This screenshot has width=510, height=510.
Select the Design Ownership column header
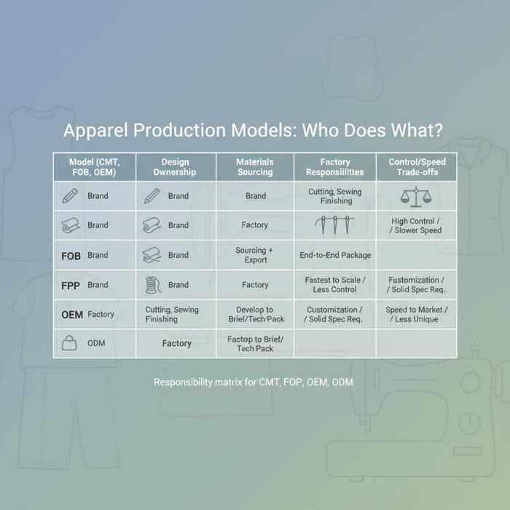175,167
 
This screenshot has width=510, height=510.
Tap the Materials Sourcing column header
255,167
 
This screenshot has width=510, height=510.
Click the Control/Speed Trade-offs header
417,167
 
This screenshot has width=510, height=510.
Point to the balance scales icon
416,196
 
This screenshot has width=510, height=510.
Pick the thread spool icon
152,285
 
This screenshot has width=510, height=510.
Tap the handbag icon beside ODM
69,343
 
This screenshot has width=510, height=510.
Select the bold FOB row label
71,256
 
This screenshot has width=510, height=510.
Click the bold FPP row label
71,286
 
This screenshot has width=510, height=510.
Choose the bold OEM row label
72,315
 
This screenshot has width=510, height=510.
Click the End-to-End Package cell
335,256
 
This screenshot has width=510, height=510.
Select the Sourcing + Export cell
255,255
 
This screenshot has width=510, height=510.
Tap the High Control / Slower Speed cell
416,226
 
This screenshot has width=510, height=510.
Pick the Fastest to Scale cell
335,285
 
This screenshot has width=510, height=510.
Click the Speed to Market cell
416,315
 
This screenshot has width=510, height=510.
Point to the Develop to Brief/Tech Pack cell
255,315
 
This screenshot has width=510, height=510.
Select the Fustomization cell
416,285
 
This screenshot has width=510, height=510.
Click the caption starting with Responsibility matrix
254,382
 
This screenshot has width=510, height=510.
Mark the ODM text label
96,343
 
